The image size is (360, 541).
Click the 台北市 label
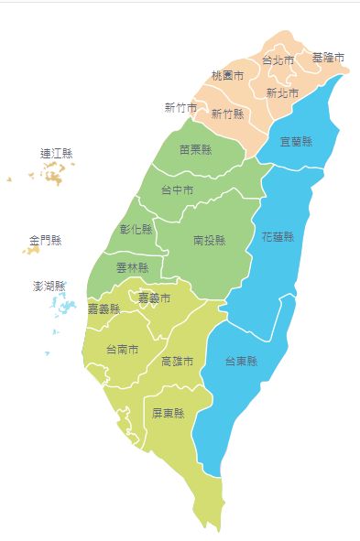pyautogui.click(x=278, y=60)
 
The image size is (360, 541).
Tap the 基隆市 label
pyautogui.click(x=328, y=58)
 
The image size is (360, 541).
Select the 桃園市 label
pyautogui.click(x=227, y=75)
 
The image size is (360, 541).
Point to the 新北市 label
pyautogui.click(x=282, y=93)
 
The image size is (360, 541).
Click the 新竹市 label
pyautogui.click(x=180, y=108)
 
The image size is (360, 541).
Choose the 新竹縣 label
pyautogui.click(x=227, y=114)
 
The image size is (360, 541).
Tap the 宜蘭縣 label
pyautogui.click(x=296, y=142)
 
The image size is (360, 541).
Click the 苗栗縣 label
pyautogui.click(x=196, y=149)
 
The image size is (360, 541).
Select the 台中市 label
pyautogui.click(x=177, y=190)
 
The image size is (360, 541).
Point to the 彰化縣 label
pyautogui.click(x=136, y=229)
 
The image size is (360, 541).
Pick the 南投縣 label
pyautogui.click(x=210, y=240)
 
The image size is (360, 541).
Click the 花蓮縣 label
pyautogui.click(x=278, y=236)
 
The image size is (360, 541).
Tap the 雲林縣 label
pyautogui.click(x=132, y=268)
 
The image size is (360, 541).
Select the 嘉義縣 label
pyautogui.click(x=104, y=308)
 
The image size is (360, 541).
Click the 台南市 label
pyautogui.click(x=122, y=349)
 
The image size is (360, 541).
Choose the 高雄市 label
pyautogui.click(x=177, y=361)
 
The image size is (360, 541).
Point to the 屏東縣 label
pyautogui.click(x=169, y=414)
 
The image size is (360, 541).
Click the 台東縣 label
pyautogui.click(x=241, y=361)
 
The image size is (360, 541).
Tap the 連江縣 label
pyautogui.click(x=57, y=153)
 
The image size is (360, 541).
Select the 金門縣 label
pyautogui.click(x=45, y=241)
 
